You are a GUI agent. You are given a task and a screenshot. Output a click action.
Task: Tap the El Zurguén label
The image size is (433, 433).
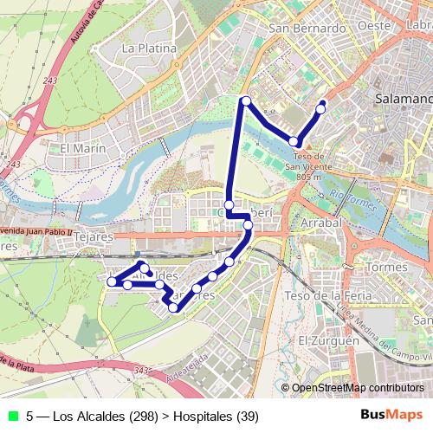pos(328,341)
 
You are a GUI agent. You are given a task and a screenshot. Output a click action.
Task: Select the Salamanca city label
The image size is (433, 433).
pos(404,100)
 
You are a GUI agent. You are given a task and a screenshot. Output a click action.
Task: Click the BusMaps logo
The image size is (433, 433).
pos(393,416)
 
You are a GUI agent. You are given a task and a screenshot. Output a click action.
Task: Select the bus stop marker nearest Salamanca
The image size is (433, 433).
pos(321,108)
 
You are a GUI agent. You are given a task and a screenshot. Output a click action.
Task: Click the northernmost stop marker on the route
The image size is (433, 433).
pos(246,101)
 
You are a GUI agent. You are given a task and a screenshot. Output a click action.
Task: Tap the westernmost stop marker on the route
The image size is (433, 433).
pos(112,281)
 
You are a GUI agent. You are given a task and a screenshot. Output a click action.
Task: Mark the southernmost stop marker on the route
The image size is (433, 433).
pos(174,307)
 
